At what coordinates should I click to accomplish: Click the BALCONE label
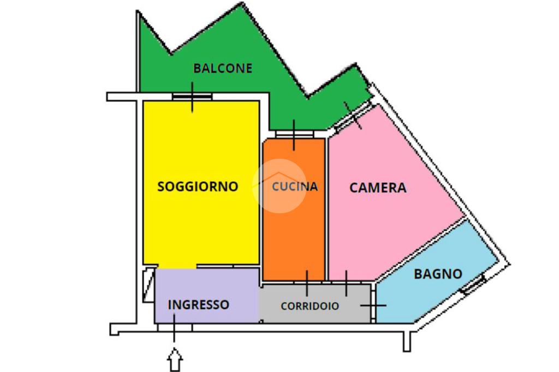(223, 68)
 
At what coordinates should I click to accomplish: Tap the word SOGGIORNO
(198, 187)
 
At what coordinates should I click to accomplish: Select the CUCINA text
(295, 187)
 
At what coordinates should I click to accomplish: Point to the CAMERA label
(378, 188)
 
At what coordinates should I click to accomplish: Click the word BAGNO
(438, 274)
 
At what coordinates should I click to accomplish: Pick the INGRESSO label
(198, 304)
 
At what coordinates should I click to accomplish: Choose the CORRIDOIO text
(310, 306)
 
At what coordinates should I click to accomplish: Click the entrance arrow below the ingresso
(175, 361)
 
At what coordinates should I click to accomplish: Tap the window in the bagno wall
(473, 285)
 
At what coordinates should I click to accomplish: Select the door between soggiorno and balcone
(192, 97)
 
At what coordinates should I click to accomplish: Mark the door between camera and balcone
(352, 116)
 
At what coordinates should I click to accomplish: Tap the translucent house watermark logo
(279, 185)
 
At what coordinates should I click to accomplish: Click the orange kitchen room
(294, 235)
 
